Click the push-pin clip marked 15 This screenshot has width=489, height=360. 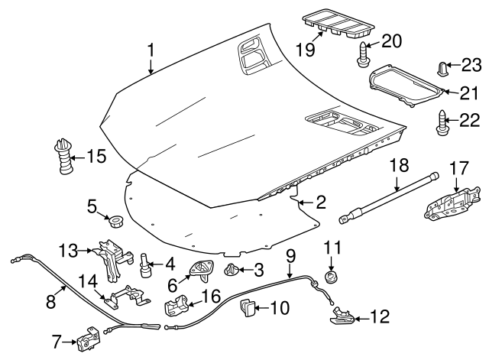point(62,158)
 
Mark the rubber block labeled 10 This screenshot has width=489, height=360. point(248,308)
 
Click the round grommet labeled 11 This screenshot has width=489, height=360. point(331,275)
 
